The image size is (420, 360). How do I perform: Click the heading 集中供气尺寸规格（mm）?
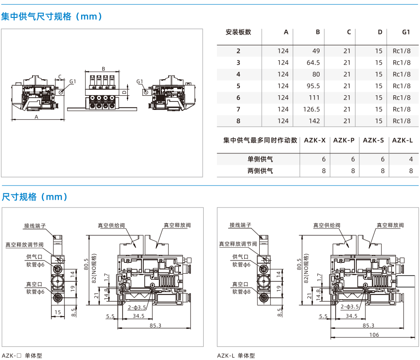[x=52, y=17]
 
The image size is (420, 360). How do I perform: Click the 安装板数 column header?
[x=239, y=32]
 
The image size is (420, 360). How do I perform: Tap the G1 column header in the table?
[x=406, y=32]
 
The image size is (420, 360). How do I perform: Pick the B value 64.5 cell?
[x=313, y=62]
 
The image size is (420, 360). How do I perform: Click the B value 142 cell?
[x=314, y=121]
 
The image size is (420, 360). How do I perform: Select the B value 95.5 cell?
[x=313, y=86]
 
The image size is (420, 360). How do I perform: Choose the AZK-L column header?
[x=402, y=140]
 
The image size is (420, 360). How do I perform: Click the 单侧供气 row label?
[x=260, y=159]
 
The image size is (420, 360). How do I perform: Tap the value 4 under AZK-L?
[x=411, y=159]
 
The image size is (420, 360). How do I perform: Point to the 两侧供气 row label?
[x=260, y=171]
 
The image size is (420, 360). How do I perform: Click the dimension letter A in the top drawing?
[x=36, y=117]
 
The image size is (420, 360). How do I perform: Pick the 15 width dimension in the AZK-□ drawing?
[x=58, y=312]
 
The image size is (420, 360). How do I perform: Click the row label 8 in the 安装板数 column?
[x=239, y=121]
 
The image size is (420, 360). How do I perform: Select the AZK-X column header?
[x=314, y=140]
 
